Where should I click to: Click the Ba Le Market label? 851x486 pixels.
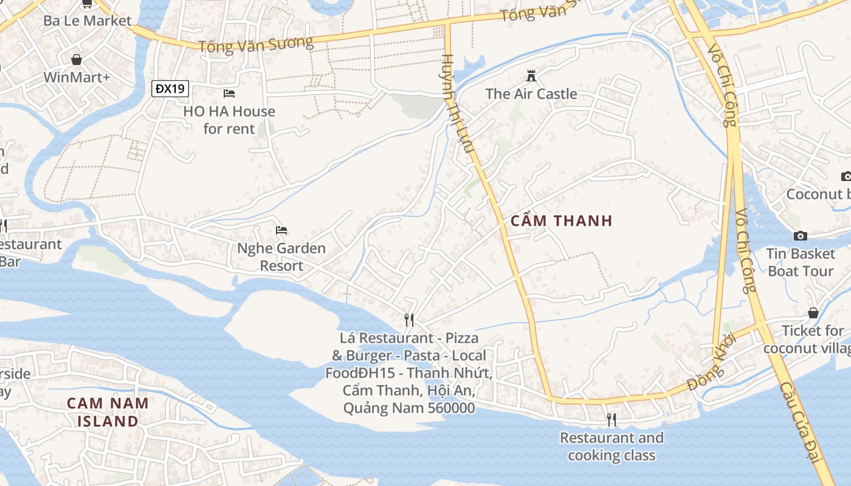[87, 21]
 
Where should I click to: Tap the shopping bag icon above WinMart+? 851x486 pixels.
[77, 60]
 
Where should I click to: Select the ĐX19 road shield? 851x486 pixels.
[170, 89]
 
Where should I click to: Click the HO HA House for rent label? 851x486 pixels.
[229, 120]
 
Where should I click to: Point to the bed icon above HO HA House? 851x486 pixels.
[229, 94]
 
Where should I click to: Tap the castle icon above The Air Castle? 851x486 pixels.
[531, 76]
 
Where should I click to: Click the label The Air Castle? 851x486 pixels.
[531, 94]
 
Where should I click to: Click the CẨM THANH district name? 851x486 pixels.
[562, 221]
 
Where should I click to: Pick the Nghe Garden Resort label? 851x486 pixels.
[281, 257]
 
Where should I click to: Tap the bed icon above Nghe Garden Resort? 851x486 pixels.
[281, 230]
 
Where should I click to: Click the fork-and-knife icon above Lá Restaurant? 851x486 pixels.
[409, 320]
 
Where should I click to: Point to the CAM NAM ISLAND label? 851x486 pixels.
[108, 412]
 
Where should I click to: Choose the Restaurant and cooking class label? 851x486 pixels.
[612, 447]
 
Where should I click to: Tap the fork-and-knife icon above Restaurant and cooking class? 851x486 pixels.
[612, 419]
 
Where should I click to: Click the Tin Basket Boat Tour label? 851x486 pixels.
[801, 262]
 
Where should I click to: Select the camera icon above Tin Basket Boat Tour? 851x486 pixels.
[801, 236]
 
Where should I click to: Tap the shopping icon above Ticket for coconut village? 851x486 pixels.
[813, 313]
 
